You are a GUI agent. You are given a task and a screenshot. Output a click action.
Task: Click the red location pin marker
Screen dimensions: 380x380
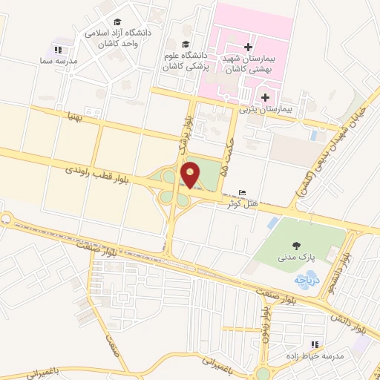coord(191,175)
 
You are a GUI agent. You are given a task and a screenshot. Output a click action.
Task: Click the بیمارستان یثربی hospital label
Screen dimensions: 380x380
coord(266,108)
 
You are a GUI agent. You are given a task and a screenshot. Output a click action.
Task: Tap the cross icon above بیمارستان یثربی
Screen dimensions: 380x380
coord(265,96)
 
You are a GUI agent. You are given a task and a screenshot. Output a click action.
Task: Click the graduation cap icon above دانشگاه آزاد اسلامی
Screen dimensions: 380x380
coord(119,23)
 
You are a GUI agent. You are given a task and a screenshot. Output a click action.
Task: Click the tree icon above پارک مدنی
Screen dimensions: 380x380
coord(296,245)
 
